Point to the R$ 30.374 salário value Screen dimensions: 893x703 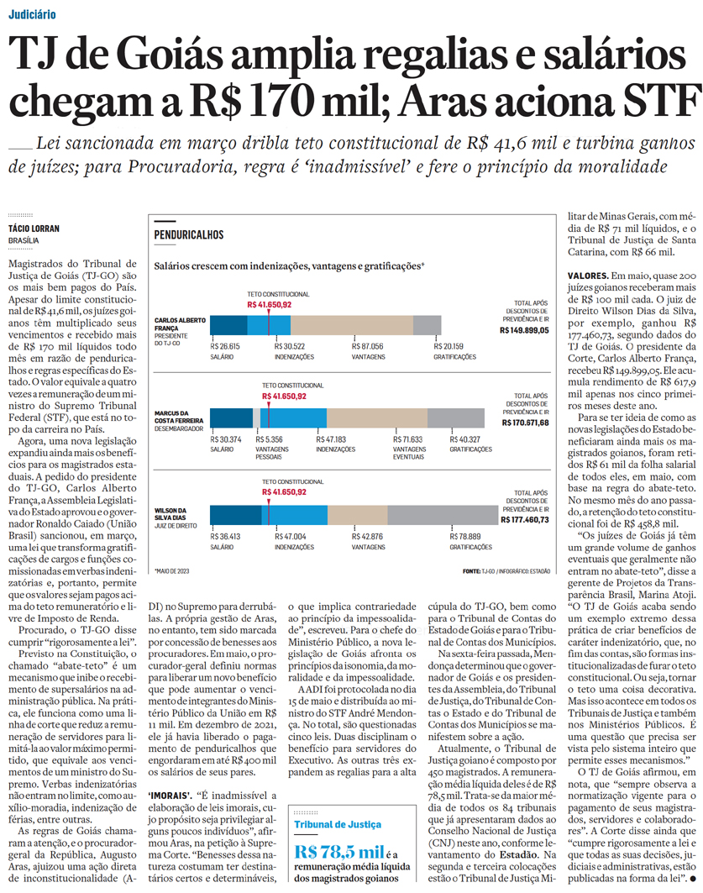click(x=228, y=439)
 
